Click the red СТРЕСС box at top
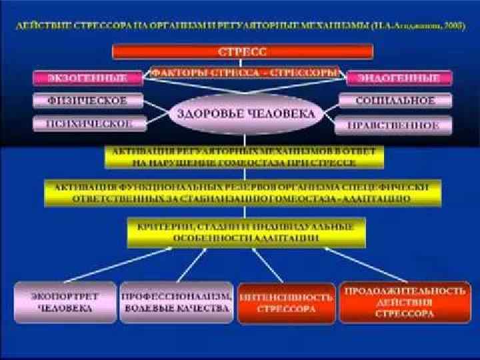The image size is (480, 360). (x=242, y=52)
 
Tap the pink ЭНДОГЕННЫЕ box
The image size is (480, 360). (x=399, y=77)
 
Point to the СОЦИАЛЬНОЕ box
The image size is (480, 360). (x=395, y=101)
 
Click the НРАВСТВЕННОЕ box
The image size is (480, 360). (x=395, y=125)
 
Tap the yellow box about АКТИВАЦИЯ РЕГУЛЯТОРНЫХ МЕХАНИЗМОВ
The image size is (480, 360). (x=244, y=157)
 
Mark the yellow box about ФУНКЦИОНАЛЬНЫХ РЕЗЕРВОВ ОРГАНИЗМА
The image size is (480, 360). (x=243, y=192)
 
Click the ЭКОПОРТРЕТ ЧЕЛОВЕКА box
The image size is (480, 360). (x=65, y=302)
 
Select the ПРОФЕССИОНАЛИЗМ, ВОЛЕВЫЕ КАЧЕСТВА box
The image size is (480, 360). (x=177, y=302)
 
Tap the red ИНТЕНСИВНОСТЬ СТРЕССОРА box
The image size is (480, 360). (x=286, y=304)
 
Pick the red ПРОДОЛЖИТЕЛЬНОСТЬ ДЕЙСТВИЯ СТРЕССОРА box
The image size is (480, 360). (x=404, y=302)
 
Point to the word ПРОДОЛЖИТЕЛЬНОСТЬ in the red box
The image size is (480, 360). (x=404, y=291)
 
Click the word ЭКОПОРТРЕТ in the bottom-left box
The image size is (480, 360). (x=65, y=295)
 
